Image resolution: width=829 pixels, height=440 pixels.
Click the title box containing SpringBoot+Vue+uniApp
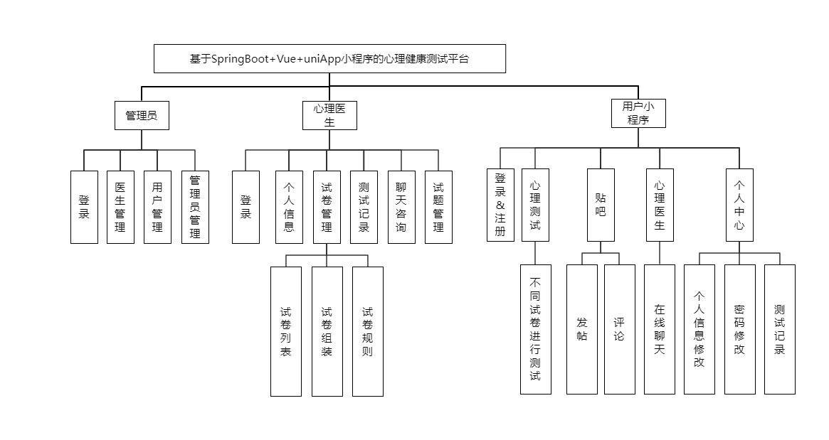329,59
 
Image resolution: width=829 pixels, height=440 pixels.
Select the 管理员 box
142,115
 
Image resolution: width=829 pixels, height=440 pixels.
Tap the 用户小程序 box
638,113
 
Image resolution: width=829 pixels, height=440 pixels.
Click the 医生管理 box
120,207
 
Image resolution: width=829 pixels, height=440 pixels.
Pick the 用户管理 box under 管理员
157,207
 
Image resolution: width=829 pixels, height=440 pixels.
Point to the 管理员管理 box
195,207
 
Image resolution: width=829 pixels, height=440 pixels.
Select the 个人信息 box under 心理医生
289,207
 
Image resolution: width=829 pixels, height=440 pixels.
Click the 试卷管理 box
327,207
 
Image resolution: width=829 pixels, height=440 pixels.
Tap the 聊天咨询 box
401,207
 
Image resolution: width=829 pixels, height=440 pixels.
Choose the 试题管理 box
438,207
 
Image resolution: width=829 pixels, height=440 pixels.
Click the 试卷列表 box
286,331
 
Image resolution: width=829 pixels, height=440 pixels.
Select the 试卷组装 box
327,331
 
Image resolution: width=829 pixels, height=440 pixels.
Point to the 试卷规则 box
368,331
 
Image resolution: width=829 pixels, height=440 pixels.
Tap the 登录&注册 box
500,205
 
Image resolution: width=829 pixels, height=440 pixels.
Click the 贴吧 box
601,205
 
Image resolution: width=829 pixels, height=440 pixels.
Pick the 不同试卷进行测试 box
535,329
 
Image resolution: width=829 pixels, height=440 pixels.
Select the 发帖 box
581,329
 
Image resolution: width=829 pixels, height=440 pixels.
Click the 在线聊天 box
660,329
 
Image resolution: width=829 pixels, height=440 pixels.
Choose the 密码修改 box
739,329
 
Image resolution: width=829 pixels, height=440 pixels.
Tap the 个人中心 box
739,205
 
